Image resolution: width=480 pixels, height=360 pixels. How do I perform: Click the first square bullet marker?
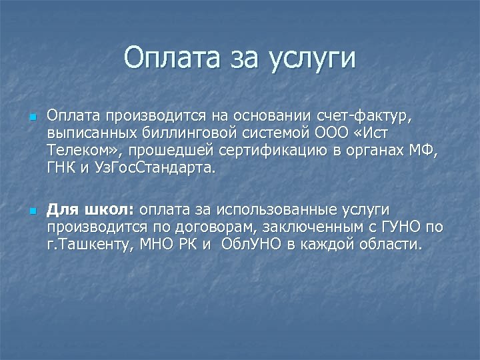[x=32, y=117]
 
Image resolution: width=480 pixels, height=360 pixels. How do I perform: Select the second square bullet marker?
[x=32, y=212]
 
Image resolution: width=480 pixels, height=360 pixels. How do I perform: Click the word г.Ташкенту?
[x=90, y=245]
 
